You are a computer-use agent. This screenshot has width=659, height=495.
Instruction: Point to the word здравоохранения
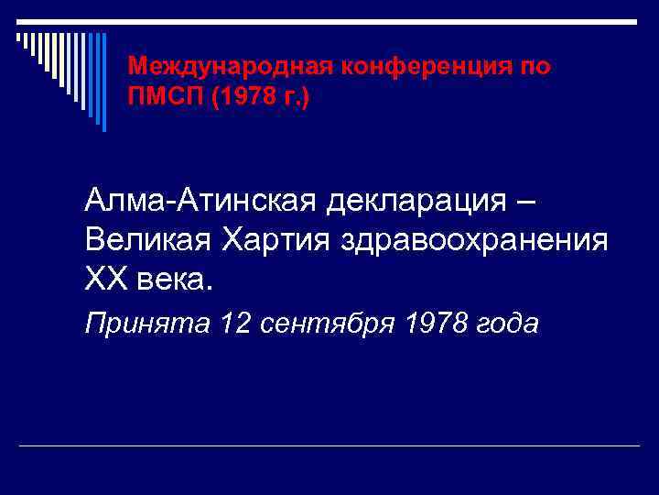click(x=473, y=239)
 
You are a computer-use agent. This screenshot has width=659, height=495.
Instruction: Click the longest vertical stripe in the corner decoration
click(x=103, y=82)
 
